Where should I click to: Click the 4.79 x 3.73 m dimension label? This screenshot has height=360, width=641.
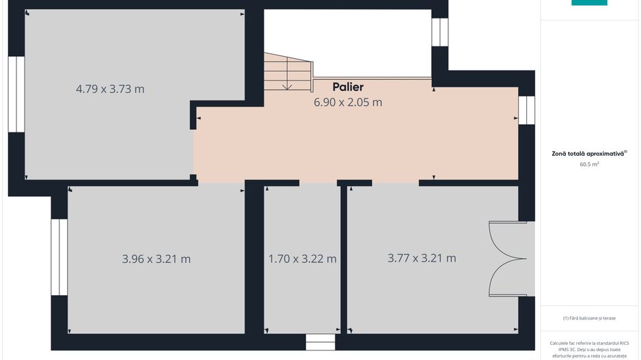110,89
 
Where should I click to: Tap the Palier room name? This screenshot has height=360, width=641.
348,87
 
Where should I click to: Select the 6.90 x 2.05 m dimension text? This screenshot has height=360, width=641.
347,102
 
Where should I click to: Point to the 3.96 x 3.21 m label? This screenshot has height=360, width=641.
156,259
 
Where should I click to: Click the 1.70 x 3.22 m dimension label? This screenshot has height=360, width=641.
302,259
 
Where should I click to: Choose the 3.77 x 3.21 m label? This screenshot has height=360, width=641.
422,258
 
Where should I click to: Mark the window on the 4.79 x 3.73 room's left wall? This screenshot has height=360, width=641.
16,94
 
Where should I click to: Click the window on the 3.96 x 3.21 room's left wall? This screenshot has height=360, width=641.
59,257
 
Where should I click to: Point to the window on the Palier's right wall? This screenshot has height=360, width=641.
526,110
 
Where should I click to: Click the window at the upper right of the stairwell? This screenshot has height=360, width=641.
439,32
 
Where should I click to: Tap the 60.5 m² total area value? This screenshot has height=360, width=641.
589,165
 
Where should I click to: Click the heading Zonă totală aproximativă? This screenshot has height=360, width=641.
589,154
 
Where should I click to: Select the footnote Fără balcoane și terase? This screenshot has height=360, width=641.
589,318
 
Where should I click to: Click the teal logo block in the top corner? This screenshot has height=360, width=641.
589,3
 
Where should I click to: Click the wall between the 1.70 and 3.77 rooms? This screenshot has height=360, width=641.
344,259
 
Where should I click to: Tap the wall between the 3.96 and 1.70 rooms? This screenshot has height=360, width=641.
254,259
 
